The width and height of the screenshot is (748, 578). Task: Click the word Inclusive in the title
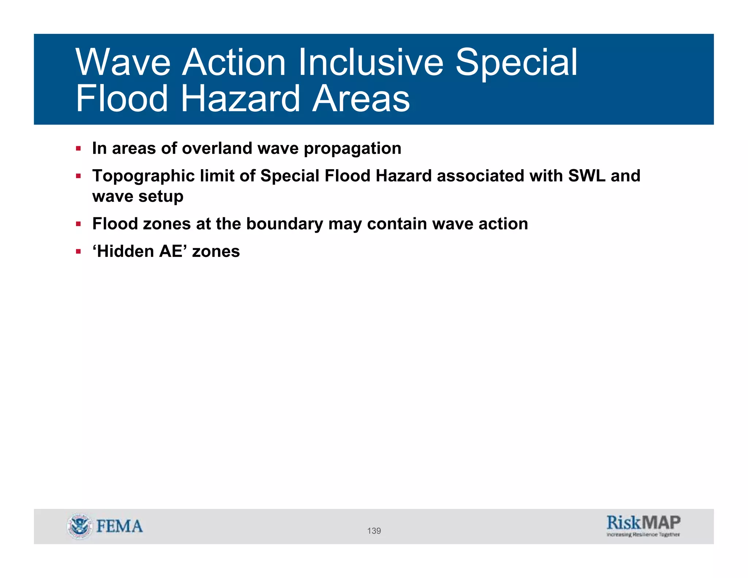click(371, 62)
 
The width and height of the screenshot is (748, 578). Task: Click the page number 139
click(374, 531)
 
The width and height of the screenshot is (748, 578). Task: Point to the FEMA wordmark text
click(119, 526)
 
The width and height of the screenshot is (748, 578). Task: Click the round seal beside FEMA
click(79, 526)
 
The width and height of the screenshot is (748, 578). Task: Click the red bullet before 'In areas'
click(78, 148)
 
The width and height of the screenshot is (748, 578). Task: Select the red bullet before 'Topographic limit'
click(78, 176)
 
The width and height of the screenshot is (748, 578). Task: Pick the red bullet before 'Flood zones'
click(78, 224)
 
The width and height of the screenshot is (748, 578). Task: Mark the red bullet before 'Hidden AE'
click(78, 251)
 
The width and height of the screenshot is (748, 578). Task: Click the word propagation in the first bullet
click(352, 149)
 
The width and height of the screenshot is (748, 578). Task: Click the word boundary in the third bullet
click(285, 224)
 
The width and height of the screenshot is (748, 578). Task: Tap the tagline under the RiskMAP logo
click(643, 535)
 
